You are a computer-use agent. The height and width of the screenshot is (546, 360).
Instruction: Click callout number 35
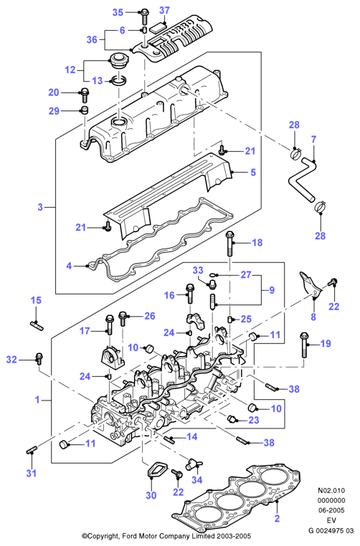(118, 12)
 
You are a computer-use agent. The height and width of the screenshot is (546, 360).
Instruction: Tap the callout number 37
(164, 11)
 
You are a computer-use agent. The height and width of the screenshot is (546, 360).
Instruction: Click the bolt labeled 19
(303, 345)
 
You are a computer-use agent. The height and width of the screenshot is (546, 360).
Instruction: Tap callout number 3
(40, 207)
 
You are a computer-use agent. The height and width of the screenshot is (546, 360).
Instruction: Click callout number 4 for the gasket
(69, 266)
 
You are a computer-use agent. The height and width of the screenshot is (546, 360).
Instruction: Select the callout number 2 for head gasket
(277, 519)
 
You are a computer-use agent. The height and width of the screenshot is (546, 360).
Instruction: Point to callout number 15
(36, 300)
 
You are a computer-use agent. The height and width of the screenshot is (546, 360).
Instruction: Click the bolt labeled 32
(39, 358)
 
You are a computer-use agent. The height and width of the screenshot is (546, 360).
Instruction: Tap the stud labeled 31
(32, 450)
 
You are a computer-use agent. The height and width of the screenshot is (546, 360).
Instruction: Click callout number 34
(197, 480)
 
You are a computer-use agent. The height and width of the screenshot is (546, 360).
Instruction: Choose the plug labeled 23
(232, 418)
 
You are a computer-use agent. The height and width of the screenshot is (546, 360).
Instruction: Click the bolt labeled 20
(85, 92)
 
